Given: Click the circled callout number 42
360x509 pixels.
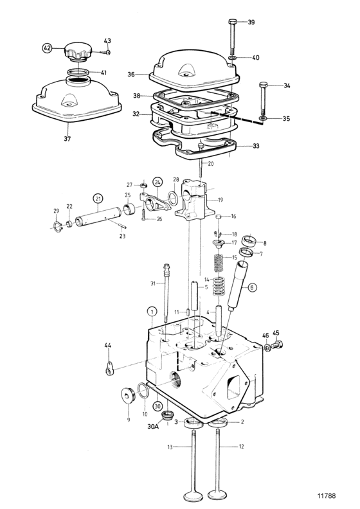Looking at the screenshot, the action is pyautogui.click(x=48, y=48).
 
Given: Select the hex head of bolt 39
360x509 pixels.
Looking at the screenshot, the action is pyautogui.click(x=232, y=22).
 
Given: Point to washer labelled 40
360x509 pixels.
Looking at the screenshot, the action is pyautogui.click(x=233, y=58).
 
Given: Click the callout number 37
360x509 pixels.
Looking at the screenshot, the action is pyautogui.click(x=67, y=139).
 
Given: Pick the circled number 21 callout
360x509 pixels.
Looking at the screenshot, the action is pyautogui.click(x=97, y=199).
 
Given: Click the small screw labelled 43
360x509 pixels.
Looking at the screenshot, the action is pyautogui.click(x=105, y=52).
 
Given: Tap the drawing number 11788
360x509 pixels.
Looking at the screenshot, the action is pyautogui.click(x=327, y=496).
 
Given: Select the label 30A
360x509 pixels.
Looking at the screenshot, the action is pyautogui.click(x=153, y=426).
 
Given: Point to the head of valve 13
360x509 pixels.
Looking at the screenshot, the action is pyautogui.click(x=193, y=497).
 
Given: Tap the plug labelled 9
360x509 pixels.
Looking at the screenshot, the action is pyautogui.click(x=127, y=395).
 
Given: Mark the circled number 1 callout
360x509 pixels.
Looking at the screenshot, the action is pyautogui.click(x=152, y=312).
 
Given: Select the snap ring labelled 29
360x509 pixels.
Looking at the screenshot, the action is pyautogui.click(x=57, y=227).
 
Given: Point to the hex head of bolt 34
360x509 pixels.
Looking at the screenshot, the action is pyautogui.click(x=264, y=85).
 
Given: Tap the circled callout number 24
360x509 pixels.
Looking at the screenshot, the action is pyautogui.click(x=157, y=182).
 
